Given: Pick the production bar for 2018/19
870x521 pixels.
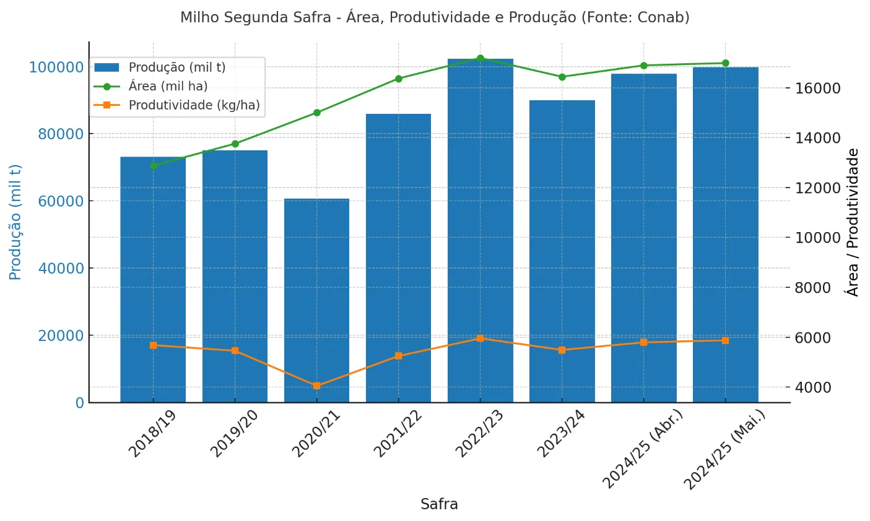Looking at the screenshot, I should (153, 279).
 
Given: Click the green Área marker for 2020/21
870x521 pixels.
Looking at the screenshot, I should (316, 113).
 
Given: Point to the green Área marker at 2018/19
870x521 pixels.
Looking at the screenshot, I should (153, 166).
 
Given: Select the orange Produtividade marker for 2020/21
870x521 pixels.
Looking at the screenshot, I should (316, 385).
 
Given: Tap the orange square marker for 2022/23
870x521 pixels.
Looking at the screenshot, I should (480, 338).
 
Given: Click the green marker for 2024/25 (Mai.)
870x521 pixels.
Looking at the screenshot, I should (725, 63).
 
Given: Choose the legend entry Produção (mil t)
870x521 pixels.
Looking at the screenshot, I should (176, 67).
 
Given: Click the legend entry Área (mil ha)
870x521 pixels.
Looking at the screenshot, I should (168, 87).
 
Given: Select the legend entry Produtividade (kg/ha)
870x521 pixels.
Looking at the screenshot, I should (194, 105).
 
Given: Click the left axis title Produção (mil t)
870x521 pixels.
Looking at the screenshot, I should (15, 222).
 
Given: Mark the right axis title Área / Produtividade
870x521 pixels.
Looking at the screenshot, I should (853, 222).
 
